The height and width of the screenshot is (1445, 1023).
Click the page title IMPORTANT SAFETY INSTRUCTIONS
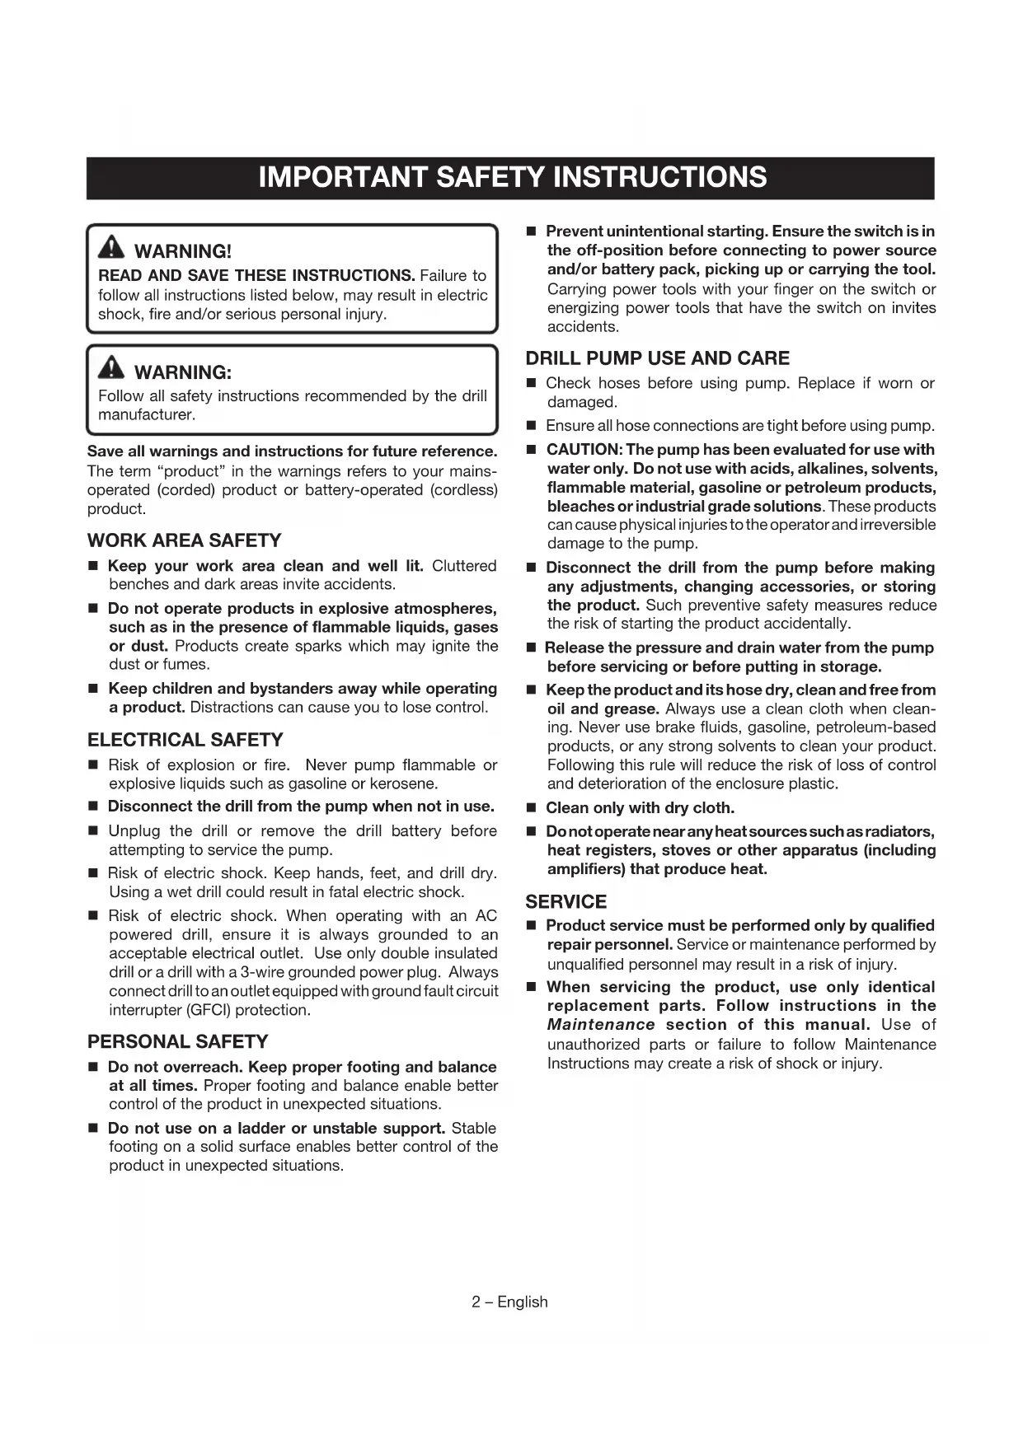coord(511,178)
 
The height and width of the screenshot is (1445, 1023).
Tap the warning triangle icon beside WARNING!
coord(111,247)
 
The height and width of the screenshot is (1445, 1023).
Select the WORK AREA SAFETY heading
coord(184,540)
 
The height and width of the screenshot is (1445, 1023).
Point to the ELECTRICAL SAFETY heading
coord(185,740)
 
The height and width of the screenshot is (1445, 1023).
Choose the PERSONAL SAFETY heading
coord(178,1042)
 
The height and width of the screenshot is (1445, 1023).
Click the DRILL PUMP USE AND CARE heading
coord(657,358)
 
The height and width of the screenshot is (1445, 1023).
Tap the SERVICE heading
coord(565,902)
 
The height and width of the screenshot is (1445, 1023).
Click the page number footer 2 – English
coord(509,1302)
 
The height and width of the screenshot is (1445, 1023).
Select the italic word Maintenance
coord(600,1025)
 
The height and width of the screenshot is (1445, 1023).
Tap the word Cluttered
coord(464,566)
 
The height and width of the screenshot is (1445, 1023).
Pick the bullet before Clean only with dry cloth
coord(531,808)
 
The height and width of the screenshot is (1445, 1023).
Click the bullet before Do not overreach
coord(93,1068)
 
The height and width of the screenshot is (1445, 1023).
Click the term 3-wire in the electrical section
coord(261,972)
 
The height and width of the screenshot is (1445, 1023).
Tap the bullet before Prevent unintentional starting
coord(531,231)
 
